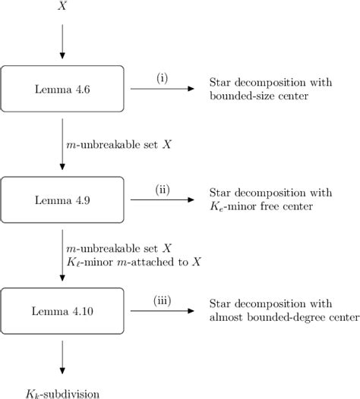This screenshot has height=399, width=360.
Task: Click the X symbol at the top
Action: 62,7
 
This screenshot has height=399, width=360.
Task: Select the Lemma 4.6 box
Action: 62,88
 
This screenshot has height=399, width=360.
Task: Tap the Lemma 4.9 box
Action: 62,199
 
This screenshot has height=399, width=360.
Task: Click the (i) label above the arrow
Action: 162,77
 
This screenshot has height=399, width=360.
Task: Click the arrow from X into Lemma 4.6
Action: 62,42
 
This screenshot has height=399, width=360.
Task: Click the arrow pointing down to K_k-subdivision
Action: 62,357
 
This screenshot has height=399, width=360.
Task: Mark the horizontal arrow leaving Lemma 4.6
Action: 162,89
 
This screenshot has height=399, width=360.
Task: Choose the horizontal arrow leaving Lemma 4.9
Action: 162,199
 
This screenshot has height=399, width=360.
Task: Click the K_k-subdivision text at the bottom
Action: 62,391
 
